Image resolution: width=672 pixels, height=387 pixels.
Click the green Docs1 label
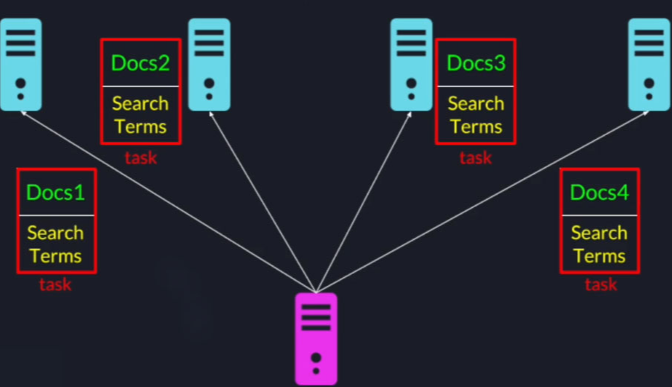pyautogui.click(x=56, y=193)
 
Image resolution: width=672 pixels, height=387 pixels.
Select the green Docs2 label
pyautogui.click(x=140, y=63)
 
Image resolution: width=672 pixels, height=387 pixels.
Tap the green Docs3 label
pyautogui.click(x=476, y=63)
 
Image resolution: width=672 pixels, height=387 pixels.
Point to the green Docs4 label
pyautogui.click(x=599, y=193)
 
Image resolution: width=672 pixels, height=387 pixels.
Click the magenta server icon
pyautogui.click(x=316, y=338)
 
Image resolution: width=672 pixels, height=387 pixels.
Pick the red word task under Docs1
pyautogui.click(x=55, y=284)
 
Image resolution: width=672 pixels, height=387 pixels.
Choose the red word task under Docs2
pyautogui.click(x=140, y=157)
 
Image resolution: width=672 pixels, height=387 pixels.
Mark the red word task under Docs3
pyautogui.click(x=476, y=157)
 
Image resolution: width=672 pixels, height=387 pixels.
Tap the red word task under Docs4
pyautogui.click(x=601, y=284)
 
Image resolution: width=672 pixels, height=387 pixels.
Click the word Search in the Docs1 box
pyautogui.click(x=56, y=233)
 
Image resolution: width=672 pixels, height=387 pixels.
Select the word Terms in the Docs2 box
pyautogui.click(x=140, y=126)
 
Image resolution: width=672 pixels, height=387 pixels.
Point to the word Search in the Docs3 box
pyautogui.click(x=476, y=103)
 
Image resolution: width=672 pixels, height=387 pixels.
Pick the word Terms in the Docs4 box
pyautogui.click(x=599, y=256)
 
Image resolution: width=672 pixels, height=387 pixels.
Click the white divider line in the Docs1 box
pyautogui.click(x=56, y=215)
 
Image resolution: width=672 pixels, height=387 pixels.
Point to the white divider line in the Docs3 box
pyautogui.click(x=476, y=86)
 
